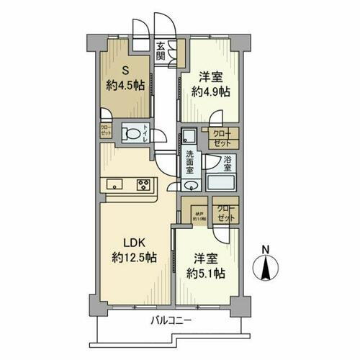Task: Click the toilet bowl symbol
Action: [x=133, y=134]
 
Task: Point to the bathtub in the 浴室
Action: [x=222, y=182]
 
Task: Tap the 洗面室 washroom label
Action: [x=190, y=160]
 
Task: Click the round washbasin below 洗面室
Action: [x=189, y=184]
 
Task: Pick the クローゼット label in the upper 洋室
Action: [x=220, y=138]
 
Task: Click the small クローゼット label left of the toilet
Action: [x=105, y=132]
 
